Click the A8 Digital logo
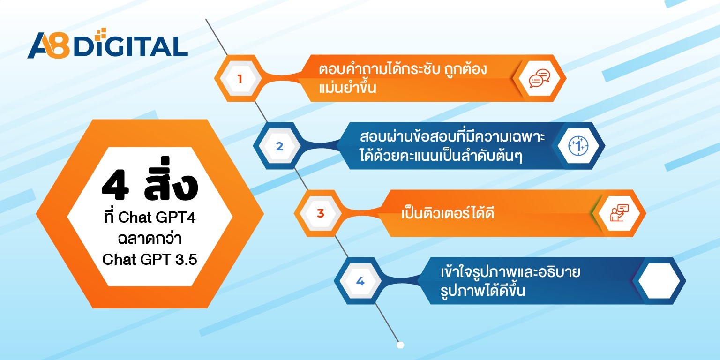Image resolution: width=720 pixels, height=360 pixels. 107,46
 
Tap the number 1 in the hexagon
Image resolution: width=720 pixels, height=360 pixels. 240,79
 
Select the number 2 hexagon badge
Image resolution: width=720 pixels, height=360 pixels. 279,146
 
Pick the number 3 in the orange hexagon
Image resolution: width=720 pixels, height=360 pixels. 321,214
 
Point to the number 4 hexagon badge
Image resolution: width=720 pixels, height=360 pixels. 360,281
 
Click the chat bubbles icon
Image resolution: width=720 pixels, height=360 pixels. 539,79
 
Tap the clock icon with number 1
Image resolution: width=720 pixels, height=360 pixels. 578,146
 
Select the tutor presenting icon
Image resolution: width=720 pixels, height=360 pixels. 619,214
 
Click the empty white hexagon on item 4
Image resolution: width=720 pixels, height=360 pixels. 659,281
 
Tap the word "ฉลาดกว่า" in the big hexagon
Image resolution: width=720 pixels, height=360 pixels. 150,239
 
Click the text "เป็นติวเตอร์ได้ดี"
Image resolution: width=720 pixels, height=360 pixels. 448,214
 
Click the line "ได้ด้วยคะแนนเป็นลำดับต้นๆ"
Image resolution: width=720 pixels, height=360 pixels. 442,155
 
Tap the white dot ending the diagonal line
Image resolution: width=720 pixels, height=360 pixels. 400,345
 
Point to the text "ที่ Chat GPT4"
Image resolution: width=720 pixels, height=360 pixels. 150,218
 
